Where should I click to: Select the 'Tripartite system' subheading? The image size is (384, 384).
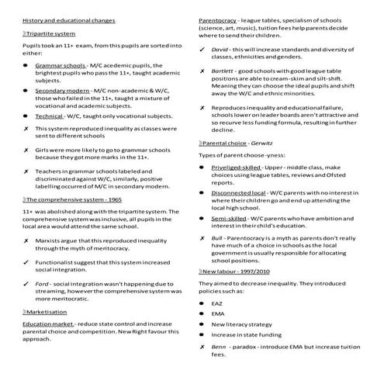coord(54,33)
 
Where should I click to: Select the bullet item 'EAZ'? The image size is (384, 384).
coord(217,301)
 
